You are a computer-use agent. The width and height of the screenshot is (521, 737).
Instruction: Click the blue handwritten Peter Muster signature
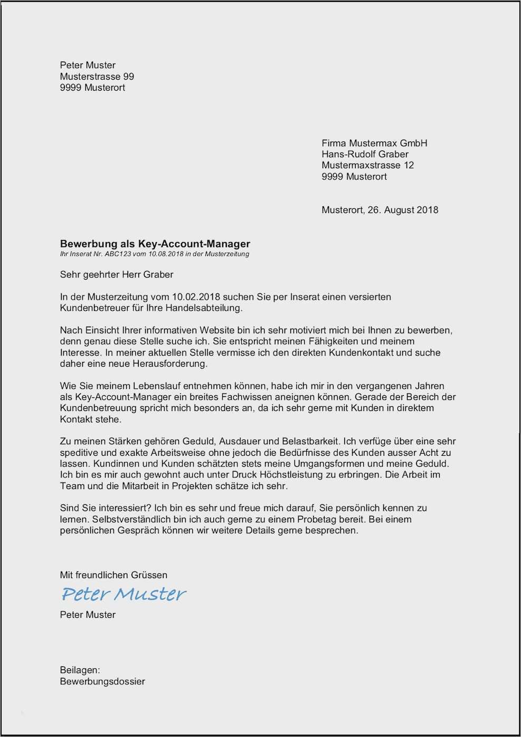click(124, 594)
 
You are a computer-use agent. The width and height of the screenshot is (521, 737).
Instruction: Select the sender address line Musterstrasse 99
click(97, 76)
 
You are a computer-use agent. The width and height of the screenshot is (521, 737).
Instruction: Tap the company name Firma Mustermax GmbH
click(374, 143)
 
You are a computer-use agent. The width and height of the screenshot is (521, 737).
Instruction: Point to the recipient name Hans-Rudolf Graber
click(365, 154)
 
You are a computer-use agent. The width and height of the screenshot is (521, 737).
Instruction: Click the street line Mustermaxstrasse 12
click(367, 165)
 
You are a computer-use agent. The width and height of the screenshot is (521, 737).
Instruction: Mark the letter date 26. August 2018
click(403, 210)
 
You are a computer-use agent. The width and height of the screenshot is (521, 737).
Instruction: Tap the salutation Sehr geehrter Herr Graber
click(117, 274)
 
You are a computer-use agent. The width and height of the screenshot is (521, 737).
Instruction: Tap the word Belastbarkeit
click(311, 441)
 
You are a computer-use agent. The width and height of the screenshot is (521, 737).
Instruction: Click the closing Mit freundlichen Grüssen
click(113, 575)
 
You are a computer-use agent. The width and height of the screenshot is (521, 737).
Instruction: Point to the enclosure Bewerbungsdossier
click(102, 681)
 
